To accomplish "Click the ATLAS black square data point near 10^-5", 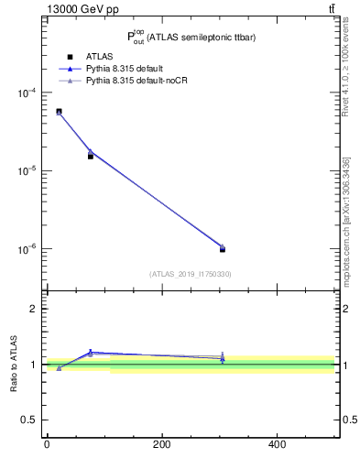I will (91, 156).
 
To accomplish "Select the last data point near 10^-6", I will (223, 249).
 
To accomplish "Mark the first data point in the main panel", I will (59, 112).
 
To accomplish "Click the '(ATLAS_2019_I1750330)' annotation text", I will (191, 274).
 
